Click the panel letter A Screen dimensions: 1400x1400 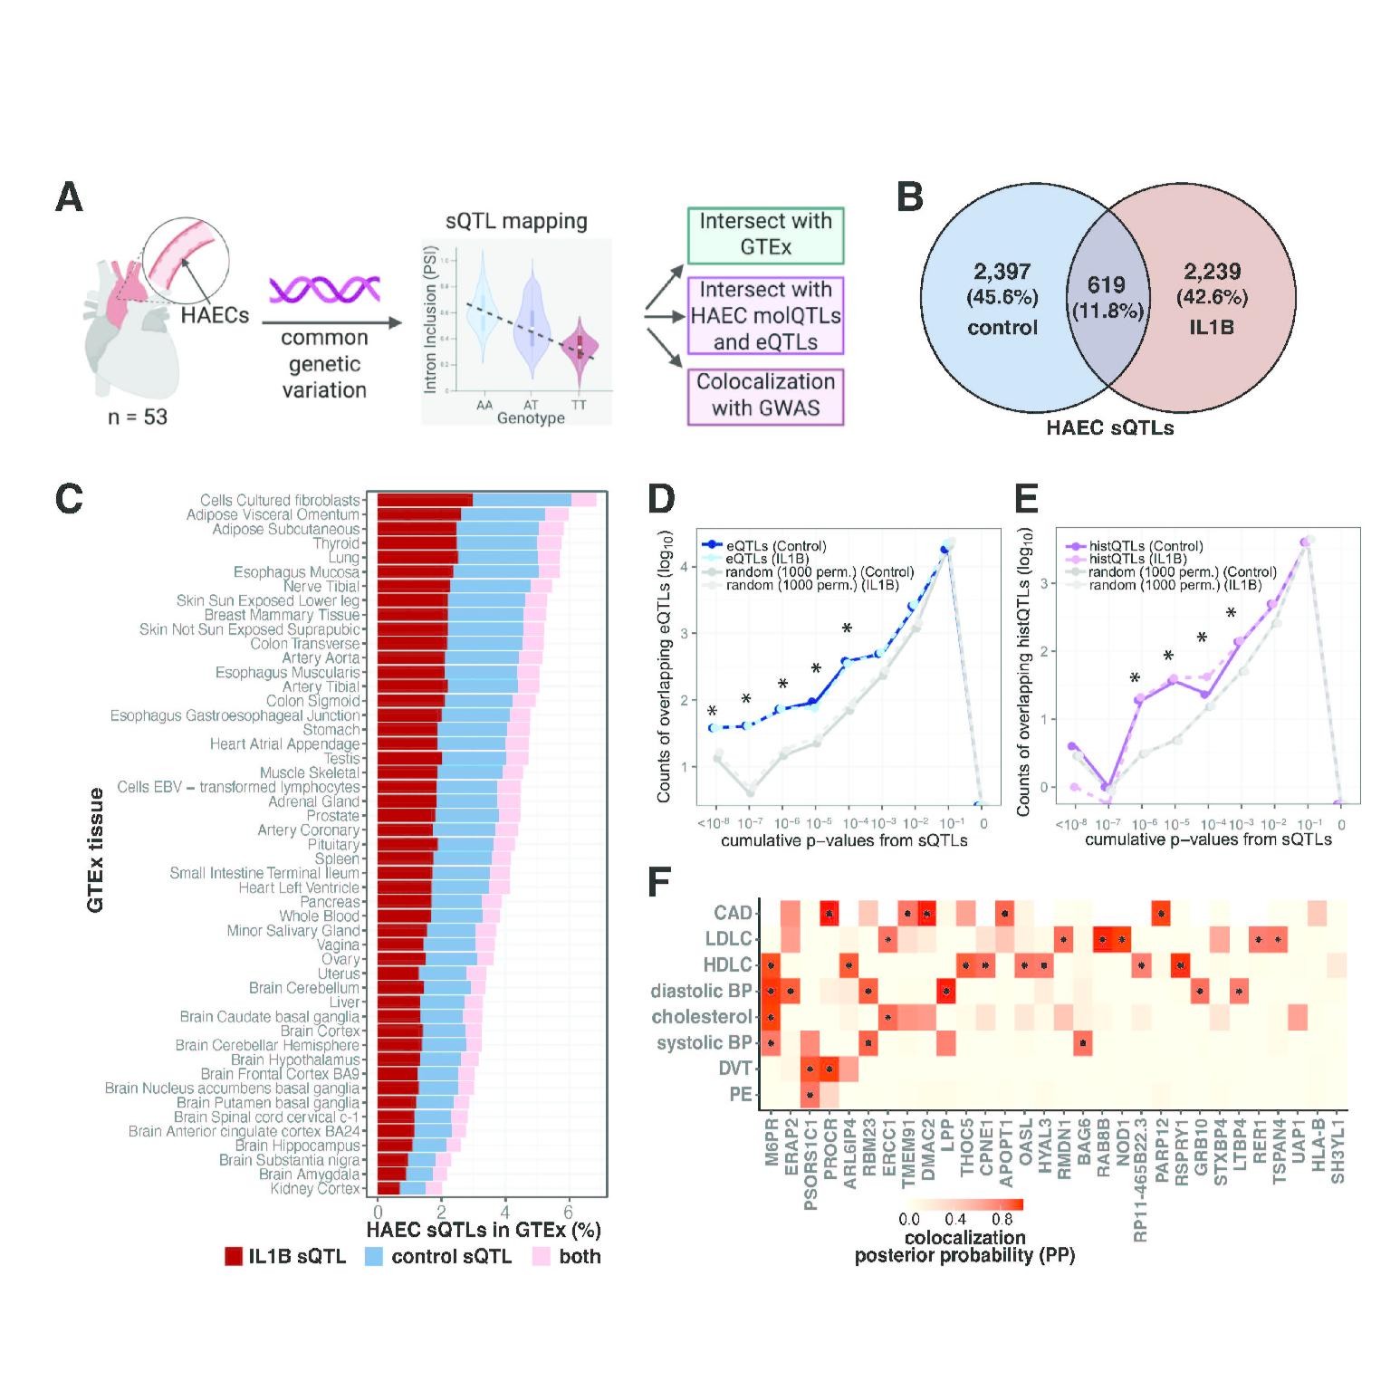[70, 197]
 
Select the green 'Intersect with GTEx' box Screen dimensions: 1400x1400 [765, 235]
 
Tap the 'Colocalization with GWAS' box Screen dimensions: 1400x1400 [765, 395]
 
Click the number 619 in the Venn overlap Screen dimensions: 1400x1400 [1106, 285]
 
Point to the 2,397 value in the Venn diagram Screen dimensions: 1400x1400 [1002, 271]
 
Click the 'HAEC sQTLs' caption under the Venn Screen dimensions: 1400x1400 [1109, 428]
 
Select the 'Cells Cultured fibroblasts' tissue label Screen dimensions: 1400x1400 [280, 500]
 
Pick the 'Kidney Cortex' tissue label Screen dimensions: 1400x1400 [315, 1188]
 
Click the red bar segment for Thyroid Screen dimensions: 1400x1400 [417, 543]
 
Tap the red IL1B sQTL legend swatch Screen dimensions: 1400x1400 [234, 1256]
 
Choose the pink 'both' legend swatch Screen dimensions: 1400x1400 [542, 1256]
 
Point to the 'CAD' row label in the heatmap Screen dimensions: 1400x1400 [733, 913]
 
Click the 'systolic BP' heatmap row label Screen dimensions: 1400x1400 [704, 1043]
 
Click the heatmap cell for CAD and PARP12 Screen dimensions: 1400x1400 [1161, 914]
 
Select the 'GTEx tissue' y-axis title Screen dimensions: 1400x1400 [96, 849]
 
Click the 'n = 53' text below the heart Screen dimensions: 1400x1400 [138, 417]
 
